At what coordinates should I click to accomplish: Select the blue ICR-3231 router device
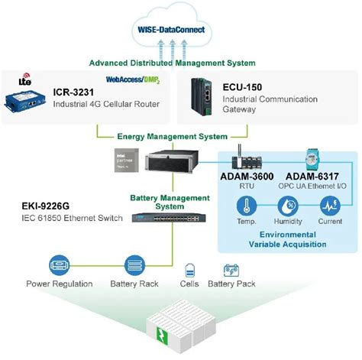coord(27,100)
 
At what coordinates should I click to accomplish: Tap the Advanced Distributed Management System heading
coord(172,63)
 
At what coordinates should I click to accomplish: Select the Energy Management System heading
coord(172,137)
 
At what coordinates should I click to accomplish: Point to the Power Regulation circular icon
coord(59,263)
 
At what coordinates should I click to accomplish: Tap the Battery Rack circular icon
coord(134,264)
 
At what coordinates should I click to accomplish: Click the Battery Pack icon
coord(231,270)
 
